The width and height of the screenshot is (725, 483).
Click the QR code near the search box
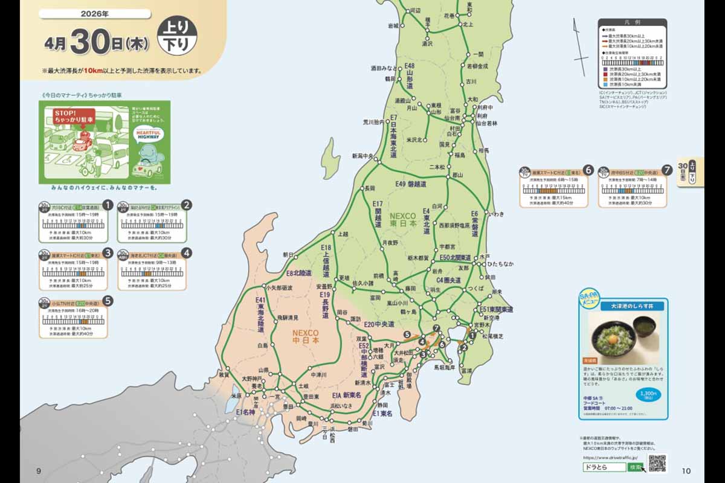(x=657, y=463)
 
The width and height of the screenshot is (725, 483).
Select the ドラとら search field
(x=604, y=467)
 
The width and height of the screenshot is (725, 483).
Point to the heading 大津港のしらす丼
(x=623, y=306)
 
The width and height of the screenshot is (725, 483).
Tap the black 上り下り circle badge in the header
(x=176, y=36)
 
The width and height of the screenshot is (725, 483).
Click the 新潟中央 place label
(x=364, y=156)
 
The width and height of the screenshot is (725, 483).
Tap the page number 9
(x=38, y=471)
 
